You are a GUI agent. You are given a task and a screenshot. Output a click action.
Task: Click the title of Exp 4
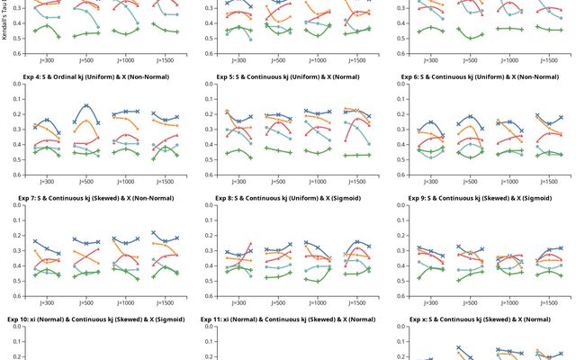tap(95, 75)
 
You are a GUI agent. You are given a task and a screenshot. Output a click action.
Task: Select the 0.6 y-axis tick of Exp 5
tap(209, 175)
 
